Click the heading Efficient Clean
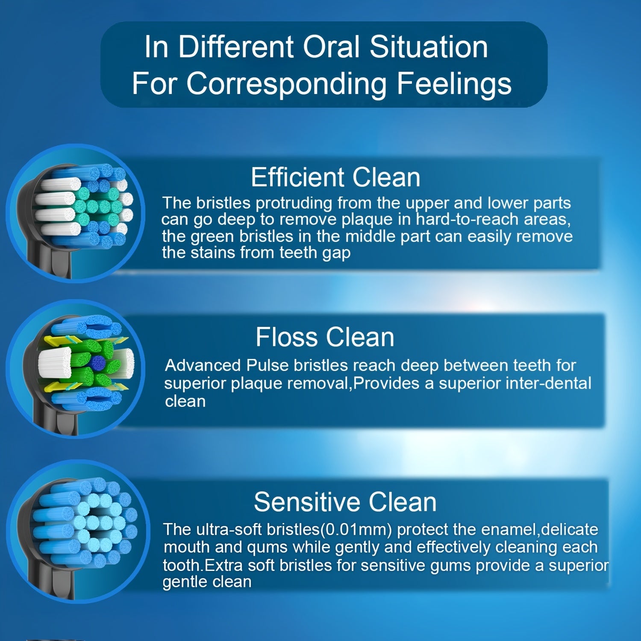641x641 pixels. click(x=335, y=177)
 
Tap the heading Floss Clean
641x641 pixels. click(x=325, y=337)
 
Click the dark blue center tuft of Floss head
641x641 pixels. click(x=98, y=363)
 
